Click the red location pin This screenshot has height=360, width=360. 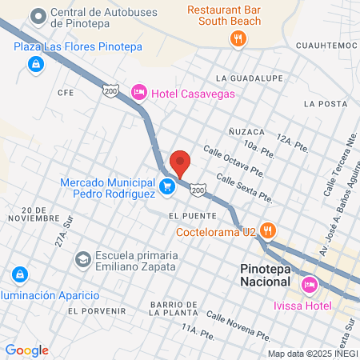(x=180, y=162)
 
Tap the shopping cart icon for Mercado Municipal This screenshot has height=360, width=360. (x=167, y=187)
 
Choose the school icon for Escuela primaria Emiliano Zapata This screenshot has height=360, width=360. (x=82, y=259)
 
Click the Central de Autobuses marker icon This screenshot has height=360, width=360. (x=38, y=15)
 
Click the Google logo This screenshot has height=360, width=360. (x=26, y=350)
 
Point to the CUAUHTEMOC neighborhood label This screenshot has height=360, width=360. (x=326, y=46)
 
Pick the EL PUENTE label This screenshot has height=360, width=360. (x=188, y=216)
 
